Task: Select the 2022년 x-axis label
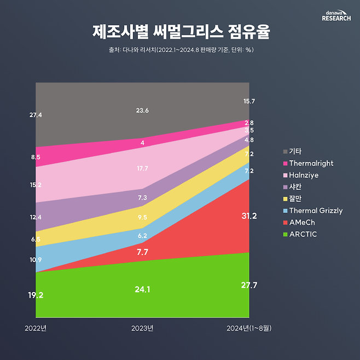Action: pyautogui.click(x=36, y=328)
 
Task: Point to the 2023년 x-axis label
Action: pyautogui.click(x=142, y=328)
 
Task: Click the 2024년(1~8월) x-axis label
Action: pyautogui.click(x=249, y=328)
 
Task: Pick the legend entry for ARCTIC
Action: pyautogui.click(x=303, y=234)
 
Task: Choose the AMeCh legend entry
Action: pyautogui.click(x=302, y=222)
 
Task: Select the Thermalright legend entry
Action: pyautogui.click(x=311, y=163)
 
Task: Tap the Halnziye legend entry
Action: pyautogui.click(x=304, y=175)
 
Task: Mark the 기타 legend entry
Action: pyautogui.click(x=295, y=151)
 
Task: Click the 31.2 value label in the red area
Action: pyautogui.click(x=249, y=216)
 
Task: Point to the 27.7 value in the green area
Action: pyautogui.click(x=249, y=285)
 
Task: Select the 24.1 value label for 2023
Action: pyautogui.click(x=142, y=289)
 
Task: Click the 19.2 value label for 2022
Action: pyautogui.click(x=36, y=295)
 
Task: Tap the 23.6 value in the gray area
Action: pyautogui.click(x=142, y=111)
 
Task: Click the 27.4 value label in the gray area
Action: pyautogui.click(x=36, y=115)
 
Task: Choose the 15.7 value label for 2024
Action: pyautogui.click(x=249, y=101)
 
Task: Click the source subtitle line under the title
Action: pyautogui.click(x=180, y=50)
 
